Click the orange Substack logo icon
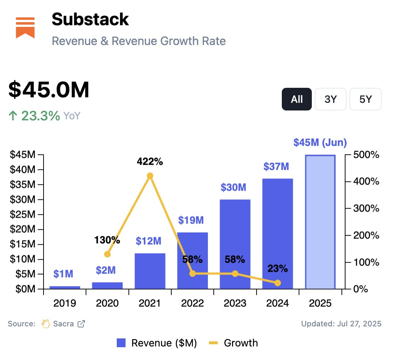[x=25, y=27]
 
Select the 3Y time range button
[x=330, y=99]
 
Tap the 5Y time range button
[x=365, y=99]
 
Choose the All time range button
[x=296, y=99]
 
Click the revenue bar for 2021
[x=150, y=271]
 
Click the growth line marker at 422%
[x=150, y=176]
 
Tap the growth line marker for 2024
[x=277, y=283]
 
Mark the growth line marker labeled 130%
[x=107, y=254]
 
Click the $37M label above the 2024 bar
[x=276, y=167]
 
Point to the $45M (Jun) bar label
[x=320, y=143]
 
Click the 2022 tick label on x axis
[x=193, y=303]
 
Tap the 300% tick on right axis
[x=366, y=209]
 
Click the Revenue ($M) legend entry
[x=157, y=343]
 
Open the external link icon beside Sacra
[x=81, y=324]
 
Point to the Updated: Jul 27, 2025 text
[x=341, y=324]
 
